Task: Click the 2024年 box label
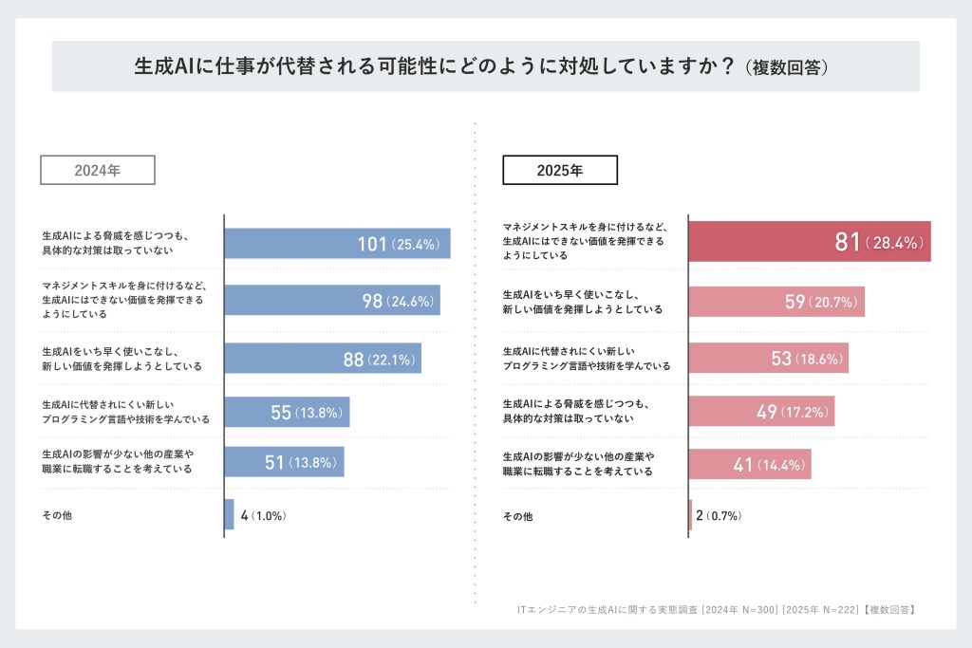(97, 170)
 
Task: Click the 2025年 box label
(560, 170)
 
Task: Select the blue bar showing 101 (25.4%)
(337, 244)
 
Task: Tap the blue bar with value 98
(331, 301)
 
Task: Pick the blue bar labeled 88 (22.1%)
(322, 359)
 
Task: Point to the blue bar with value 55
(287, 413)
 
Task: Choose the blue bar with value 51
(284, 462)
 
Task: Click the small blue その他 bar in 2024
(229, 514)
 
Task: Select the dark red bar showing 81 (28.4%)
(809, 242)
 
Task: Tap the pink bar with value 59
(776, 302)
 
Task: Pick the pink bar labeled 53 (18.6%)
(767, 358)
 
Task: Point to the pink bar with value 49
(760, 412)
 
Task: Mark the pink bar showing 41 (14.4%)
(749, 464)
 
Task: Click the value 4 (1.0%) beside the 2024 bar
(263, 516)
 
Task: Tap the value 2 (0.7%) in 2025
(718, 516)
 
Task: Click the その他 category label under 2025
(517, 516)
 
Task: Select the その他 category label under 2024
(57, 515)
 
